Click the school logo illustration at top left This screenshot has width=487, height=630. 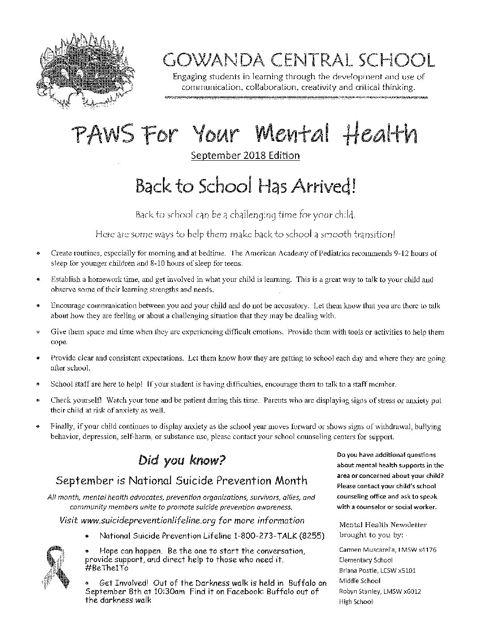click(85, 72)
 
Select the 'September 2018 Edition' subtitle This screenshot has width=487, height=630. click(245, 155)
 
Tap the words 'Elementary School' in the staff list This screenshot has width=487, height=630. click(366, 560)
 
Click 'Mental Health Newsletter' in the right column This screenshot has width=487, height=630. click(383, 524)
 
